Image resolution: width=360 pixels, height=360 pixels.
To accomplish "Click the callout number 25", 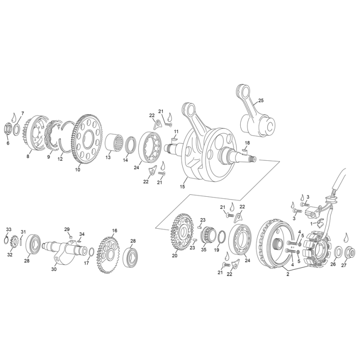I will point(261,100).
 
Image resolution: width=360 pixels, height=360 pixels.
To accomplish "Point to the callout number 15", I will point(182,186).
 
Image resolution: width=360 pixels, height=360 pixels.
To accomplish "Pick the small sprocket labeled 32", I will point(14,239).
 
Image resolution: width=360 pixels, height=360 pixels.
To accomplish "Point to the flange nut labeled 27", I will point(351,251).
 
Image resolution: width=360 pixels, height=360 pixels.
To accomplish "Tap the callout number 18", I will point(247,143).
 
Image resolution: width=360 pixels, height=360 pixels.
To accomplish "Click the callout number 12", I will point(60,159).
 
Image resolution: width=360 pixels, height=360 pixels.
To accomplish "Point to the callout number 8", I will point(29,157).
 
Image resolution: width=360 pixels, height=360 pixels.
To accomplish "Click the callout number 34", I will point(82,234).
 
